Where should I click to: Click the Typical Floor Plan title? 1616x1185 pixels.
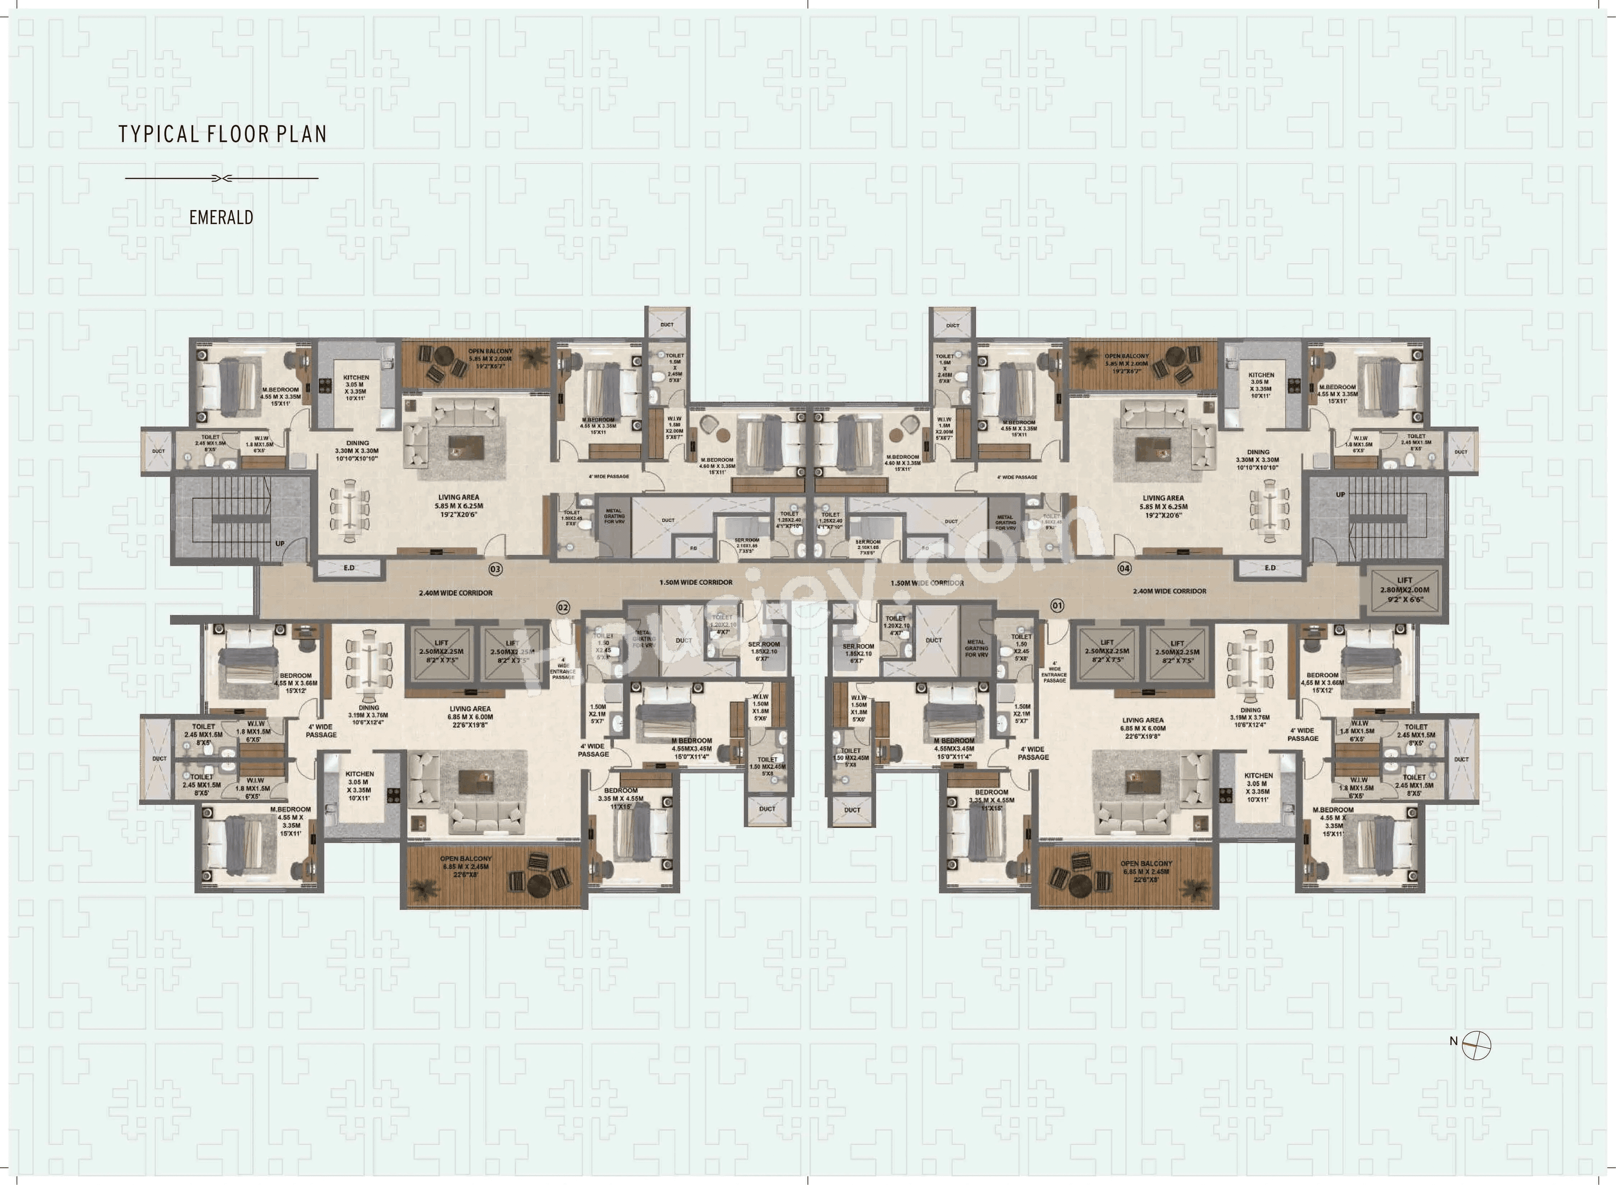coord(222,134)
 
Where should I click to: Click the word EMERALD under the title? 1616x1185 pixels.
coord(221,217)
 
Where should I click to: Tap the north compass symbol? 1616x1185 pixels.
coord(1476,1045)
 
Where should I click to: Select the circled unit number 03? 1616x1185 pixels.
coord(495,569)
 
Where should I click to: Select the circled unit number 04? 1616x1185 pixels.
coord(1124,568)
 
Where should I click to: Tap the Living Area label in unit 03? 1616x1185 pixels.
coord(459,506)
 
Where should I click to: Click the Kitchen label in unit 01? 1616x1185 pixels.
coord(1258,787)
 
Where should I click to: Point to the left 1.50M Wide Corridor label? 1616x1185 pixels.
coord(696,583)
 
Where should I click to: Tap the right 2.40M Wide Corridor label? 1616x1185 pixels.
coord(1169,591)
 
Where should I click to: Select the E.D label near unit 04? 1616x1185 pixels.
coord(1270,568)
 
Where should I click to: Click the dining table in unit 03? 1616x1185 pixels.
coord(350,514)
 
